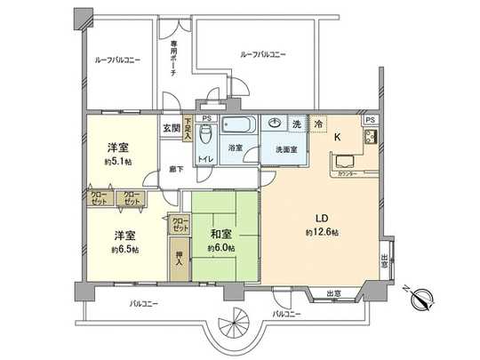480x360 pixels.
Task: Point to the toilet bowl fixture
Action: pos(205,134)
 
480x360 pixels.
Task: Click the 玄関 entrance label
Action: pos(170,128)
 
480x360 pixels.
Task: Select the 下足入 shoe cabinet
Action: pos(188,130)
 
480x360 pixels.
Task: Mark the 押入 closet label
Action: pos(178,260)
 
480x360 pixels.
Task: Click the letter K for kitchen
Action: pos(336,136)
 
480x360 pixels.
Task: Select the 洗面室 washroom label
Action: pos(284,149)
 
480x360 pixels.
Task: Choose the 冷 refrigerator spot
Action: pos(317,125)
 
